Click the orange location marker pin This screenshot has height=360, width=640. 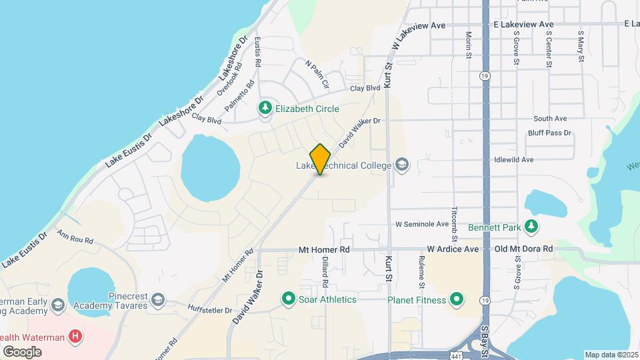tap(320, 159)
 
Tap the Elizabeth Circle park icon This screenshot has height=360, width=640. tap(265, 108)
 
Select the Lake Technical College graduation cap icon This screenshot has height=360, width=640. tap(401, 165)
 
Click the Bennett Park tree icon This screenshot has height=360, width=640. tap(531, 227)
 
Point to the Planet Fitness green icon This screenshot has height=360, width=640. tap(457, 299)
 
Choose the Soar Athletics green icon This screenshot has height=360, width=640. tap(289, 299)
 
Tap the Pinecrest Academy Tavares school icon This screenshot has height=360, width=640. tap(157, 299)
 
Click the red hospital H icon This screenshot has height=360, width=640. tap(76, 337)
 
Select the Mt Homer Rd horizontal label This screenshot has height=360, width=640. tap(324, 249)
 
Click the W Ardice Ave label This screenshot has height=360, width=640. tap(453, 249)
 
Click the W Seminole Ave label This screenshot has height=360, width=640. tap(421, 224)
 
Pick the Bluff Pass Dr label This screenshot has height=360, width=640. tap(550, 133)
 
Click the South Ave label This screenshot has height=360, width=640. tap(550, 119)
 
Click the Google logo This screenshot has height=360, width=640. tap(21, 352)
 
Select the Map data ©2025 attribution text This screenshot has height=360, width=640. tap(611, 355)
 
